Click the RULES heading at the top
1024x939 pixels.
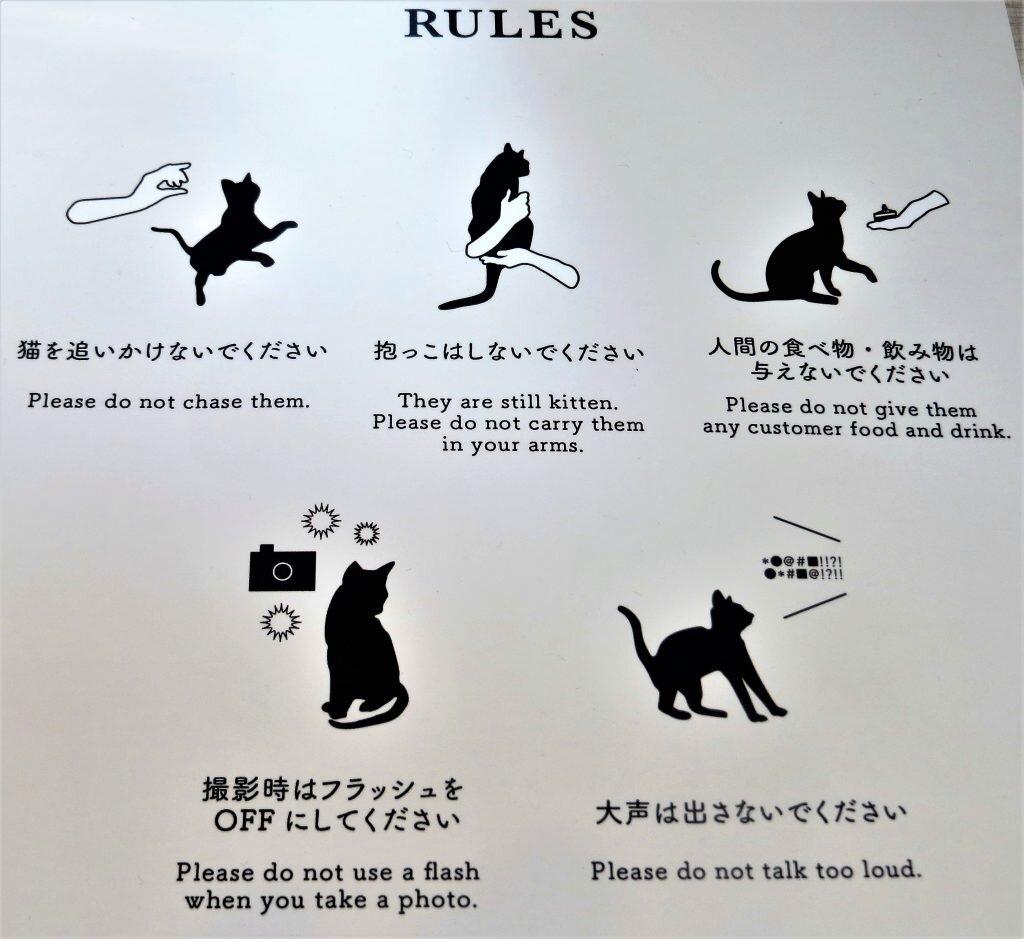(501, 24)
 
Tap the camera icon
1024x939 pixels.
(282, 568)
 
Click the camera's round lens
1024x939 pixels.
(282, 572)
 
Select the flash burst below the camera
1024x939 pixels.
(281, 623)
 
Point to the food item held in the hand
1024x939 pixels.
(881, 214)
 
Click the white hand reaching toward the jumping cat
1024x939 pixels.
(131, 195)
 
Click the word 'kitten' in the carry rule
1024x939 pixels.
(583, 401)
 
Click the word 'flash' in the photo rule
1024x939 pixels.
(451, 871)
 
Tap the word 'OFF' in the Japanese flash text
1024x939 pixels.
(244, 821)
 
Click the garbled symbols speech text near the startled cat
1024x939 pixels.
(803, 567)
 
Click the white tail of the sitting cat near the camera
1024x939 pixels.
(369, 714)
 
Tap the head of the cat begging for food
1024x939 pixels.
(825, 210)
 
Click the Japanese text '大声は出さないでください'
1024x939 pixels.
(751, 814)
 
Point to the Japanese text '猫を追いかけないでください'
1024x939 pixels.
(172, 351)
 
